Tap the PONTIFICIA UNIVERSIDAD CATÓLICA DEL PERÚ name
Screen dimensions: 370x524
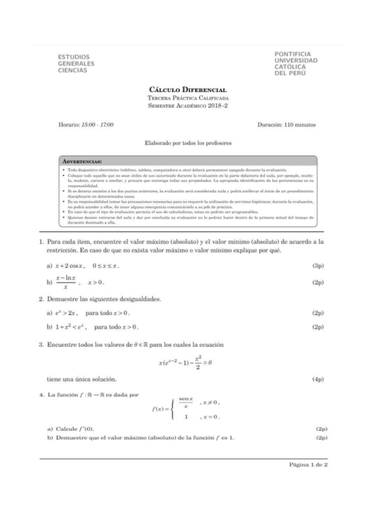coord(296,64)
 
